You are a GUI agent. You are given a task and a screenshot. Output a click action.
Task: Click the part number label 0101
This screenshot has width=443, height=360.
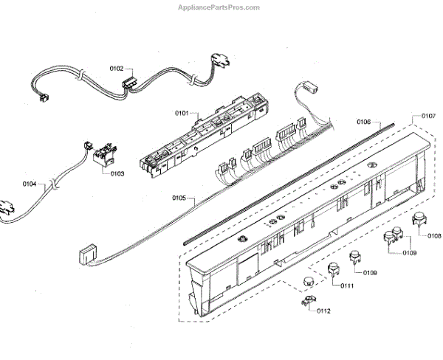182,114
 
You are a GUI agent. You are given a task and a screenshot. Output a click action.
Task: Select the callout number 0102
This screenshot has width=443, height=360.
117,69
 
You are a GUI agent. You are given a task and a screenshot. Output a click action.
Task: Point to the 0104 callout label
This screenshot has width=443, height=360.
30,183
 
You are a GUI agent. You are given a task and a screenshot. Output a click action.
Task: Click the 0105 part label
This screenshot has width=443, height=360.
179,198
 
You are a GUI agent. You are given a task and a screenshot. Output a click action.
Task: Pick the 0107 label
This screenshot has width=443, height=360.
428,117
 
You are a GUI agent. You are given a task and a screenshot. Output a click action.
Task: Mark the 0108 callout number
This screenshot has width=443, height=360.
434,236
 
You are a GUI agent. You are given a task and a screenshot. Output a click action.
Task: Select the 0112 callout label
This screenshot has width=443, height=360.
324,310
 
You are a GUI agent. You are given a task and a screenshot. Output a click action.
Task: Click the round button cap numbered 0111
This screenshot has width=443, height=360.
307,280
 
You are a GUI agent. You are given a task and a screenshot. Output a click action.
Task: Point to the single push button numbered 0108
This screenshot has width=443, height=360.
420,218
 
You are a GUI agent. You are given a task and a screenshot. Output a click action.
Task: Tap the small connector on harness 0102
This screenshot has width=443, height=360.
131,83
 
